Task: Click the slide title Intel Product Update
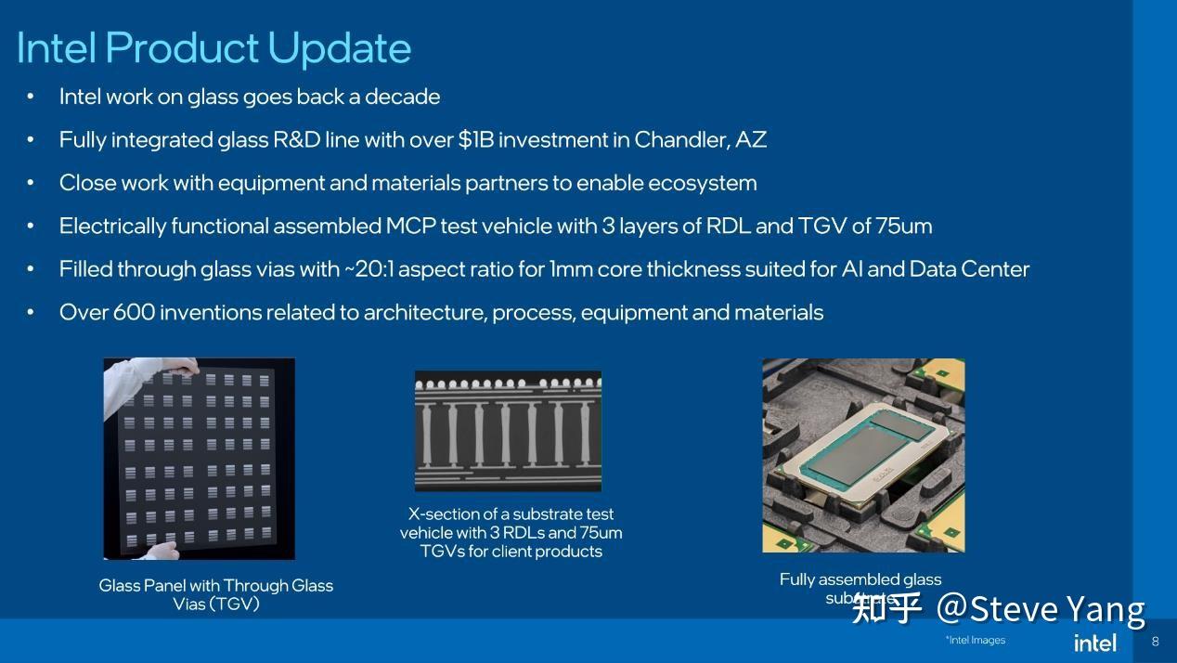(x=213, y=48)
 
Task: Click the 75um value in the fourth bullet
(x=904, y=227)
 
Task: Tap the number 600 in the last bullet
(x=134, y=313)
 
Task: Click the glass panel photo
(x=199, y=459)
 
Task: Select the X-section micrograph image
(x=508, y=431)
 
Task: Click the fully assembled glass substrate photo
(x=863, y=455)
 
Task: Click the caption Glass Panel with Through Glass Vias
(x=215, y=594)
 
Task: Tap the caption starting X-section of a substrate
(x=511, y=532)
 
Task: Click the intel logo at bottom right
(x=1094, y=643)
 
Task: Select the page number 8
(x=1155, y=642)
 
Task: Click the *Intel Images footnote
(x=975, y=640)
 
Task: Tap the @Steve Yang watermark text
(x=1040, y=609)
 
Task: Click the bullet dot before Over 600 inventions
(x=31, y=313)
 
